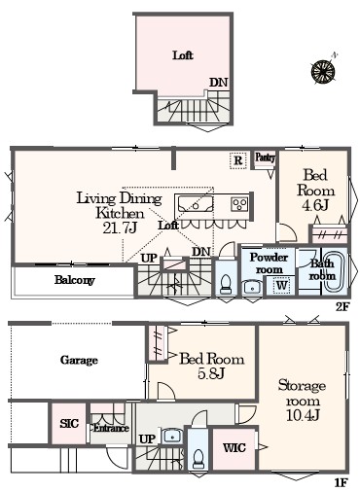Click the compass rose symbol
324,71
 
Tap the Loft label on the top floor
183,55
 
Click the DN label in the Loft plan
219,83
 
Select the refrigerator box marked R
238,160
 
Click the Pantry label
265,158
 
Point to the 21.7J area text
120,228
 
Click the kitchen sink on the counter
195,204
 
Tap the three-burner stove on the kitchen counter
239,204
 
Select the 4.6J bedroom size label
315,205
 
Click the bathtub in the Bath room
336,271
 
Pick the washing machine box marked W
282,285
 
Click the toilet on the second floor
226,284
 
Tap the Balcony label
75,280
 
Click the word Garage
79,360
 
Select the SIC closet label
69,424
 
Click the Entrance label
111,428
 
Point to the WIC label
234,448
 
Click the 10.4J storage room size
303,415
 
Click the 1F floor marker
341,483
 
